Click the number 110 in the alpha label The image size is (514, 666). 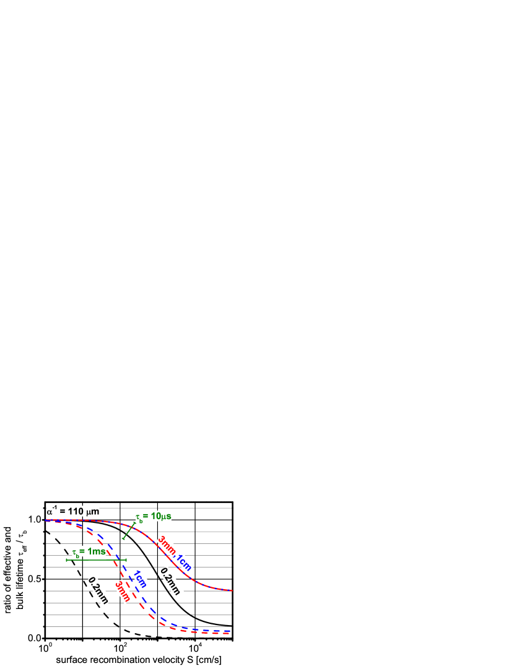coord(76,512)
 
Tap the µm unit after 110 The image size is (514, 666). coord(93,512)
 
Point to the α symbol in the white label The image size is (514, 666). coord(50,513)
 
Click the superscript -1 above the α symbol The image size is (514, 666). coord(54,507)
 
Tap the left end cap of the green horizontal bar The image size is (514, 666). coord(67,560)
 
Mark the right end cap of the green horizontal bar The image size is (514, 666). coord(126,560)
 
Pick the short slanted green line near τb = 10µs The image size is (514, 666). coord(129,530)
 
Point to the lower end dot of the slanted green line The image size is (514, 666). coord(123,538)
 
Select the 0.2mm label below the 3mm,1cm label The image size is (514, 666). coord(170,582)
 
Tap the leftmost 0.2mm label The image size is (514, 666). coord(98,590)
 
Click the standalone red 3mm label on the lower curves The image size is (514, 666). coord(123,592)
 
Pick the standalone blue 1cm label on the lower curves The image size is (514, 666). coord(140,578)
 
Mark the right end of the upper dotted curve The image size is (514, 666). coord(232,590)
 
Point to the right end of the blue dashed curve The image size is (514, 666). coord(229,631)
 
